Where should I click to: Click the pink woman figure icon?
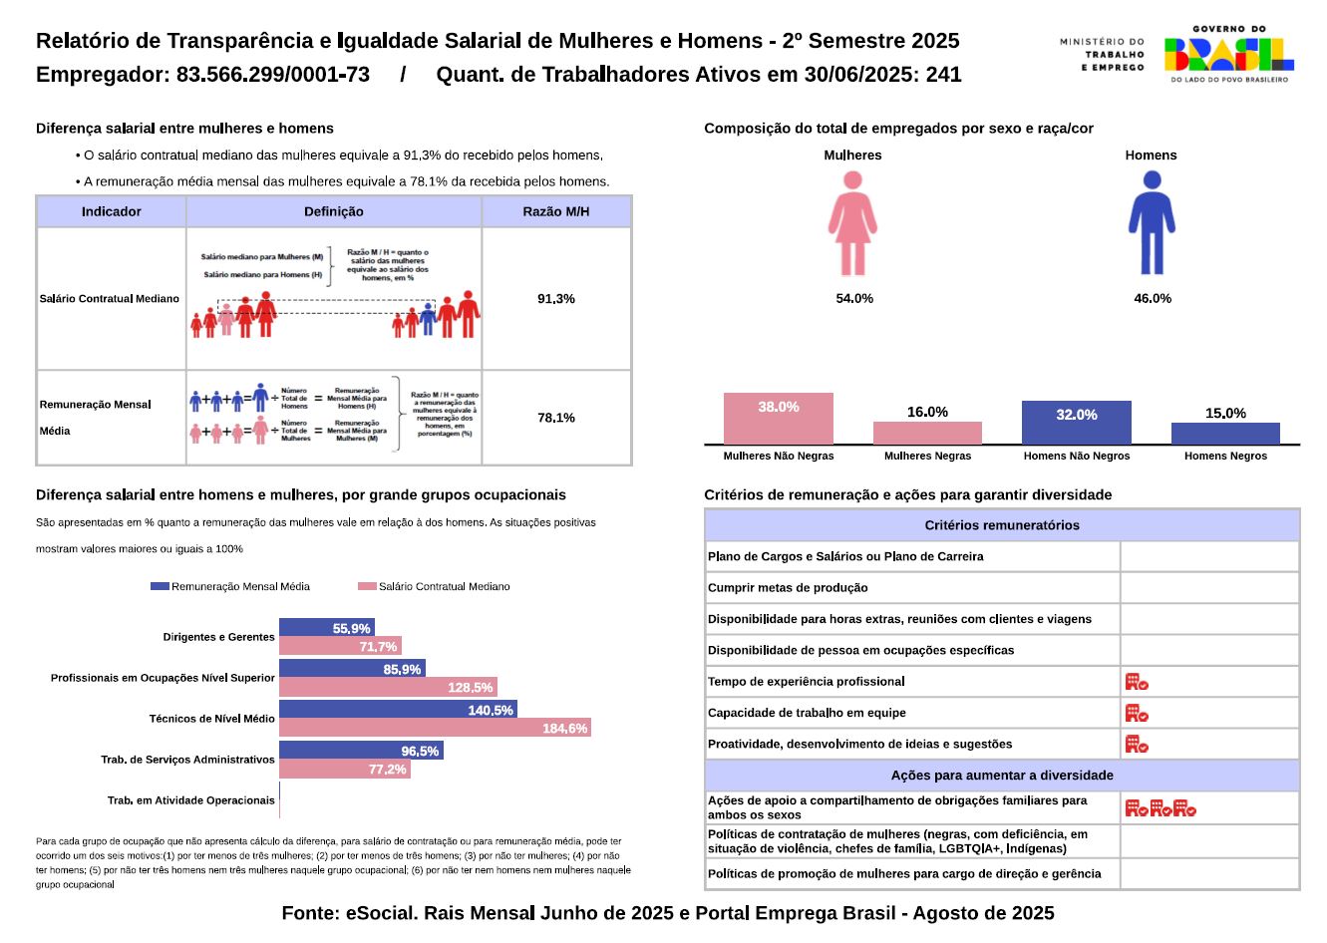pyautogui.click(x=852, y=223)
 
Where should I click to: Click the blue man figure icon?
pyautogui.click(x=1152, y=223)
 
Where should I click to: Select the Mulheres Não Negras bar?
pyautogui.click(x=778, y=419)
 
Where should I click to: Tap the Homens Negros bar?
pyautogui.click(x=1225, y=434)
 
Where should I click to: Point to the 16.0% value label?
pyautogui.click(x=927, y=412)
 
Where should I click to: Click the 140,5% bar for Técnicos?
pyautogui.click(x=398, y=710)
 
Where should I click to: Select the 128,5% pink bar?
pyautogui.click(x=388, y=687)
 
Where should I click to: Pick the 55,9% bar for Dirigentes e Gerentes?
pyautogui.click(x=327, y=628)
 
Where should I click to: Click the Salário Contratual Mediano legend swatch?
pyautogui.click(x=367, y=586)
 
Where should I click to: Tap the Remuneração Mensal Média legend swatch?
pyautogui.click(x=160, y=586)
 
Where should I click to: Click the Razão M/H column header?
pyautogui.click(x=556, y=211)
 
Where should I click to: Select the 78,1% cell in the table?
pyautogui.click(x=556, y=418)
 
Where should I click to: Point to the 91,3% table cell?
pyautogui.click(x=556, y=299)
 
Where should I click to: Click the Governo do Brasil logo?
pyautogui.click(x=1229, y=54)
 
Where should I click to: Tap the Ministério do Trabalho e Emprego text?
pyautogui.click(x=1102, y=55)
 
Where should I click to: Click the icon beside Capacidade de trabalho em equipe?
pyautogui.click(x=1137, y=713)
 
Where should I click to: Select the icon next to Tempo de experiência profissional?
pyautogui.click(x=1137, y=682)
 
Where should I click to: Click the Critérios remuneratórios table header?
pyautogui.click(x=1002, y=525)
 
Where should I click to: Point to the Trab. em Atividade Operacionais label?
pyautogui.click(x=190, y=800)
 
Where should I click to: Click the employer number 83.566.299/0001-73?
pyautogui.click(x=273, y=75)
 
